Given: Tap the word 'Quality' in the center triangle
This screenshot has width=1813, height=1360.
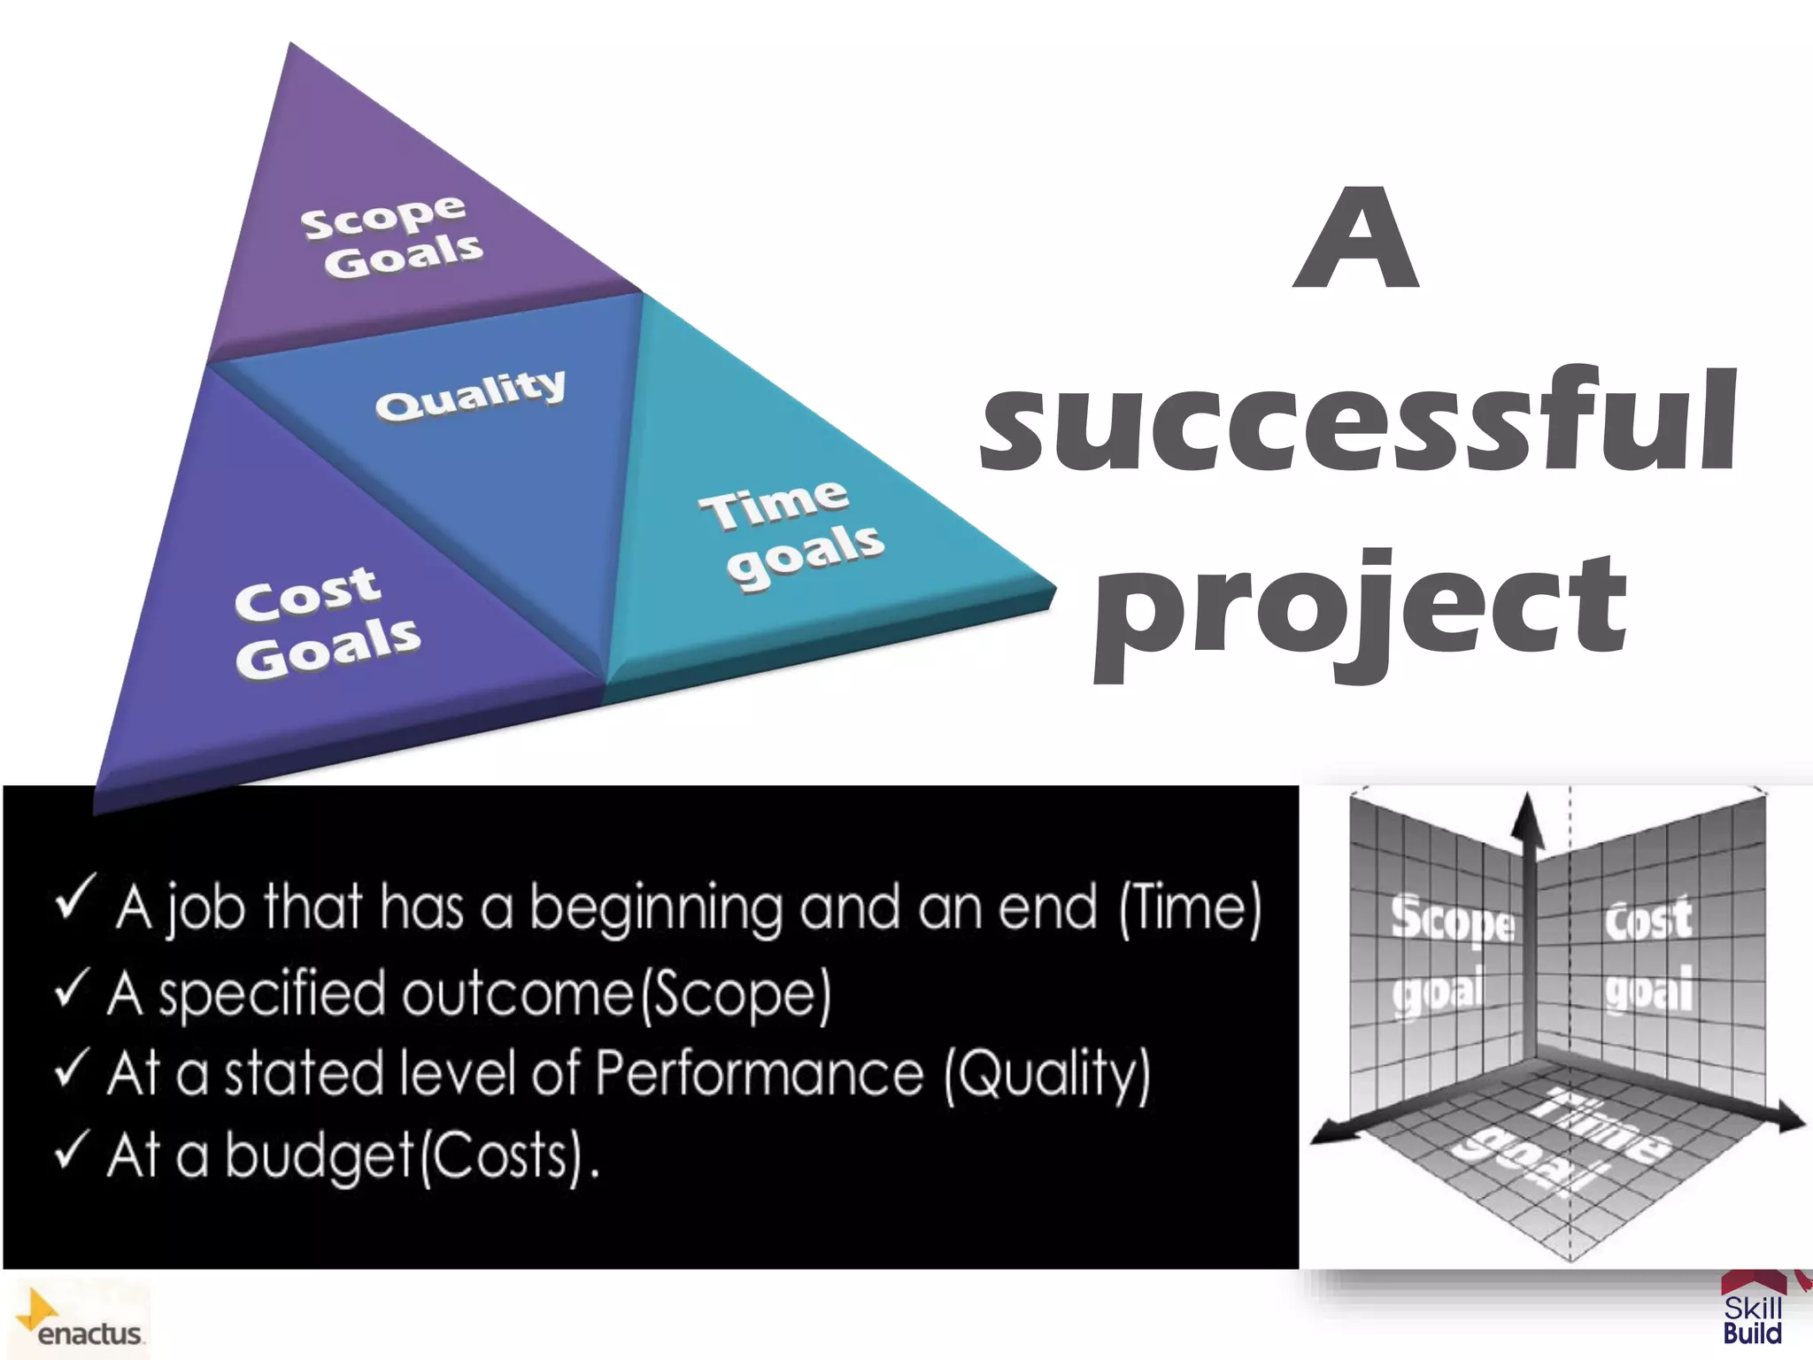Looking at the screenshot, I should tap(470, 395).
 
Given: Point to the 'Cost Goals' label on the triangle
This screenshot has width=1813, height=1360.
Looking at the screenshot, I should tap(326, 622).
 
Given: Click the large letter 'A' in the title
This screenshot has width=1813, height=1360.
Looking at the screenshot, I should tap(1355, 239).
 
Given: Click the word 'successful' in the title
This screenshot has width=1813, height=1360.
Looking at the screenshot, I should tap(1359, 421).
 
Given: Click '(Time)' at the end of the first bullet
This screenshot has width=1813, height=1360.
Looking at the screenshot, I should tap(1191, 908).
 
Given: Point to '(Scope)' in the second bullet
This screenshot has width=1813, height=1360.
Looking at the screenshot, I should tap(736, 995).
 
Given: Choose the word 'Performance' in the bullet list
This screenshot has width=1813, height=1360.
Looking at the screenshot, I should tap(759, 1073).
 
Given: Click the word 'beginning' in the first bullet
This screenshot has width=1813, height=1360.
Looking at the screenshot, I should tap(655, 910).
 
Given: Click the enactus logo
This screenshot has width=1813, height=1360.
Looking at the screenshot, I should tap(81, 1319).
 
